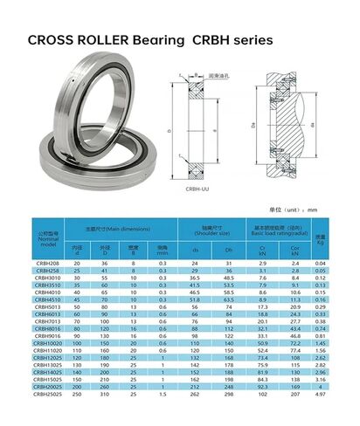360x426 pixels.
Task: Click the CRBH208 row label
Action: tap(48, 263)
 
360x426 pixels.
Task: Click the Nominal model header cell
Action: tap(48, 237)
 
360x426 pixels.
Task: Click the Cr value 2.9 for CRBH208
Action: tap(262, 263)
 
